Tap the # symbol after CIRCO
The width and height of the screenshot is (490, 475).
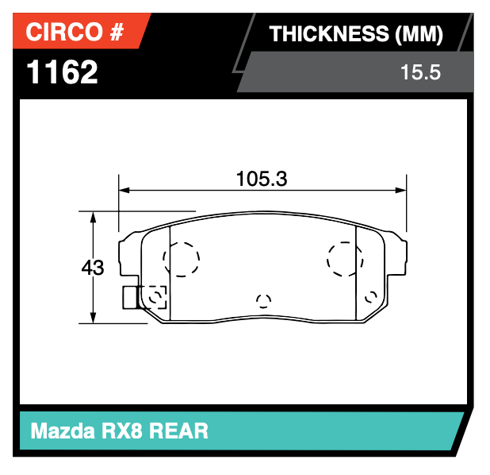point(116,32)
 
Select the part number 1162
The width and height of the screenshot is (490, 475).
point(63,72)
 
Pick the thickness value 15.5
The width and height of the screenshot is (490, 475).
point(420,73)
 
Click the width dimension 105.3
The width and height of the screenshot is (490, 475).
point(261,179)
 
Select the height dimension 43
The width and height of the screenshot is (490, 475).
point(93,268)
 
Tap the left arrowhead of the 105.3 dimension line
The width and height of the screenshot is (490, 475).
point(123,191)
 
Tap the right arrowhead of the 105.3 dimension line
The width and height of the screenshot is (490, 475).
point(401,191)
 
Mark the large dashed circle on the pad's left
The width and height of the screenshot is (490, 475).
point(181,258)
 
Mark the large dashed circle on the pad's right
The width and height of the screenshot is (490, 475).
point(346,258)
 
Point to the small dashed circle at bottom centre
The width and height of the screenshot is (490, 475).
point(263,300)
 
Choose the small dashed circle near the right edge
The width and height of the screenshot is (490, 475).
point(370,296)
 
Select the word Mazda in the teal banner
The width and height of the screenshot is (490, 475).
point(64,431)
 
